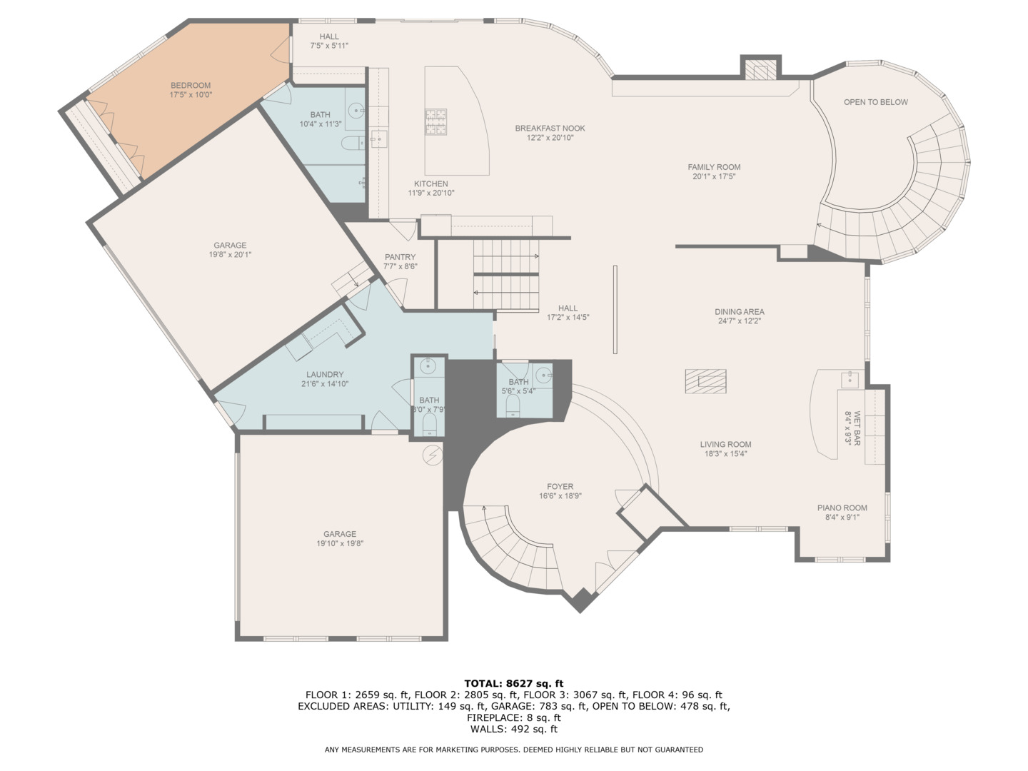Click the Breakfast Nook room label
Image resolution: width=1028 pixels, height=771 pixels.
[550, 128]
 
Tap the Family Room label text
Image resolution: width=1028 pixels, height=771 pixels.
[714, 167]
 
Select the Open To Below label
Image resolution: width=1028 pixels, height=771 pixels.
[875, 102]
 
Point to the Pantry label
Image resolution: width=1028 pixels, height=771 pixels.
[400, 257]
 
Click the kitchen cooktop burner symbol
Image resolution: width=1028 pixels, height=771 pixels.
[436, 121]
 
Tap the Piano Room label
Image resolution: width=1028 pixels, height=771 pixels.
[842, 508]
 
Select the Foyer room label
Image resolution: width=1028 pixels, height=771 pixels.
[560, 486]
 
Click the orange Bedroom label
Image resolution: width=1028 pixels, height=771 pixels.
[190, 86]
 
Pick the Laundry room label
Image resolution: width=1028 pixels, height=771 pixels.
[325, 374]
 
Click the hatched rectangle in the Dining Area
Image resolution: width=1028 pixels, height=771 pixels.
[705, 381]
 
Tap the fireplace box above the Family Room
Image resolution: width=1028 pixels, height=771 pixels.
[760, 70]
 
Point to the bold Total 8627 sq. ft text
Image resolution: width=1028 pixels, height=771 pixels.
[513, 683]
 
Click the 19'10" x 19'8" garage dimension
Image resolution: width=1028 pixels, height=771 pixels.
[339, 543]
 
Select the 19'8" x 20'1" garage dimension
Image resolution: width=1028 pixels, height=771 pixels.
[230, 255]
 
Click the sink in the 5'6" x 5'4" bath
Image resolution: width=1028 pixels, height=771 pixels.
[544, 374]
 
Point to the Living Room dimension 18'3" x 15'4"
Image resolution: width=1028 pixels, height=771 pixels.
[725, 453]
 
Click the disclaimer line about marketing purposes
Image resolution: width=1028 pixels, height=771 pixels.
[513, 750]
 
